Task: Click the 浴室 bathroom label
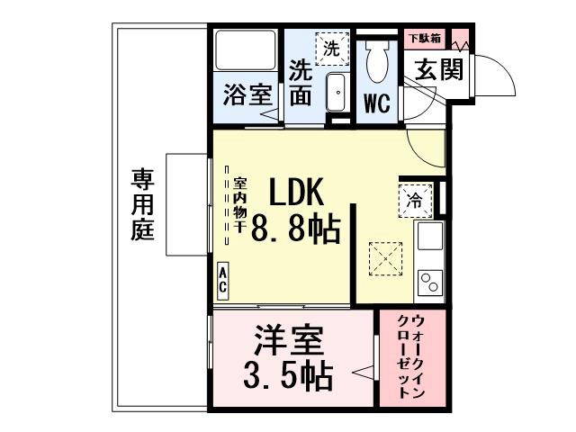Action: (247, 96)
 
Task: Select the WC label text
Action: (376, 103)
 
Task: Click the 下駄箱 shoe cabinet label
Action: (425, 39)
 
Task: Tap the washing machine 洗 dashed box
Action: (331, 47)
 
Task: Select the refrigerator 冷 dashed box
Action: (416, 200)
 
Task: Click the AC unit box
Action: (222, 281)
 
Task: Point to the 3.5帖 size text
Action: (288, 374)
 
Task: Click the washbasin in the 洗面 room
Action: (337, 94)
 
